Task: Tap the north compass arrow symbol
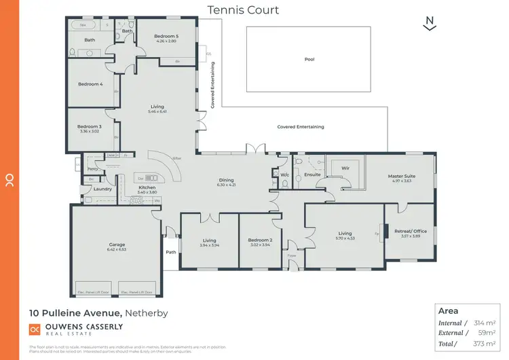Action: point(429,23)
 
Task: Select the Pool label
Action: point(309,59)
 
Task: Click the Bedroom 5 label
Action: point(166,36)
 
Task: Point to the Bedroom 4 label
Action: point(90,84)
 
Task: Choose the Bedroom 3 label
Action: point(89,127)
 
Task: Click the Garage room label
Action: point(117,245)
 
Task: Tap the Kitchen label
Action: point(147,187)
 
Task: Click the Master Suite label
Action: point(401,176)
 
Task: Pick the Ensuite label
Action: point(312,175)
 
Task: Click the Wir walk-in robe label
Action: point(345,167)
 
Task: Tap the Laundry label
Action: point(102,189)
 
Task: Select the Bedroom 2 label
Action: point(261,240)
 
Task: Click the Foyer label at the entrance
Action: point(292,256)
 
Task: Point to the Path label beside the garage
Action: point(171,252)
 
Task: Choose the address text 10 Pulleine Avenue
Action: point(74,313)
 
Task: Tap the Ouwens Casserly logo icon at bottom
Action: point(35,329)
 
